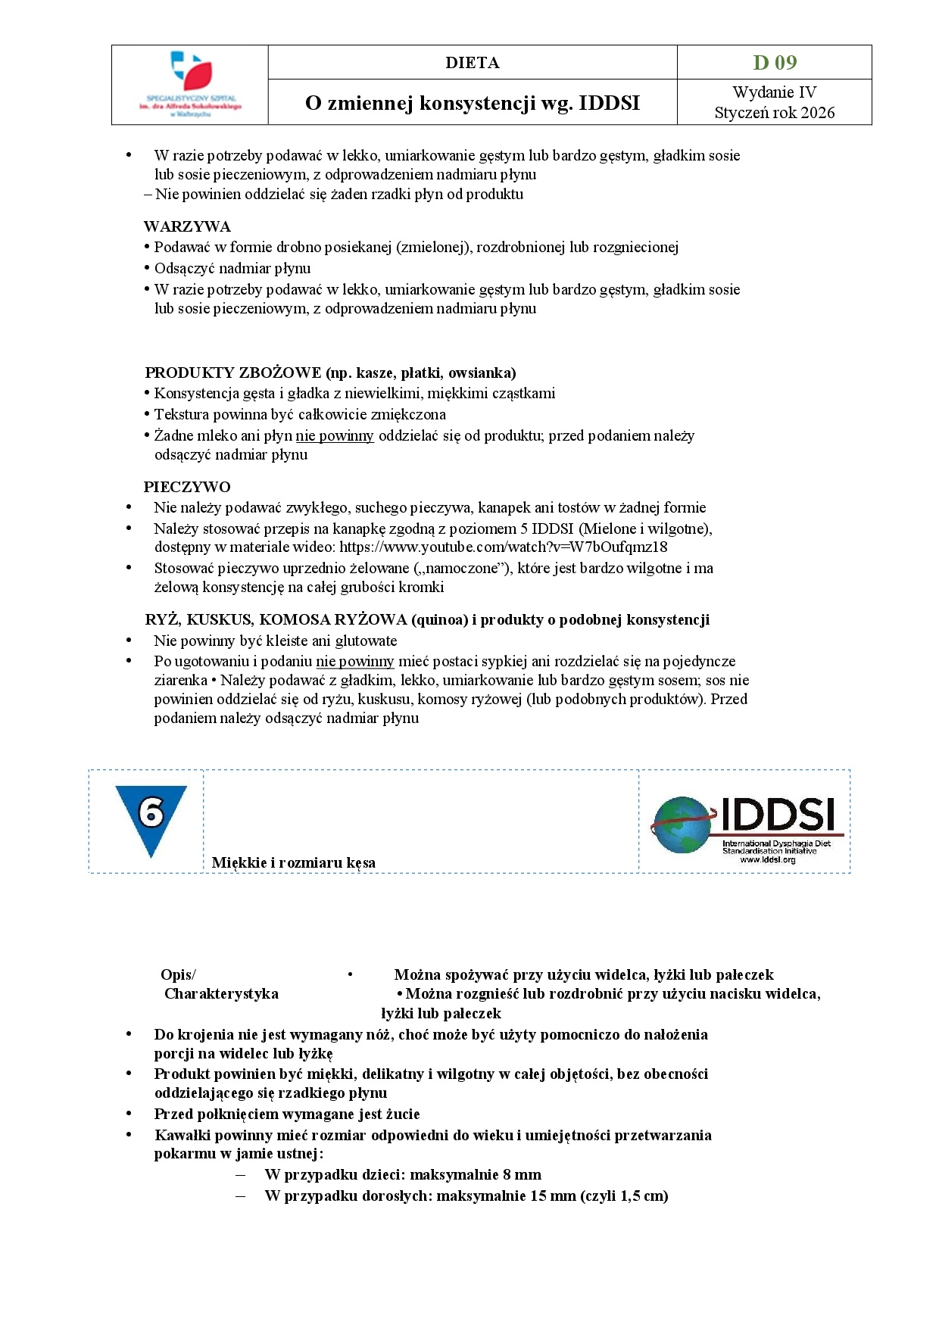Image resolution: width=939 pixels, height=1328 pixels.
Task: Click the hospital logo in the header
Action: pos(190,84)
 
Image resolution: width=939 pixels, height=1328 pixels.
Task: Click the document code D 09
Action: pos(774,62)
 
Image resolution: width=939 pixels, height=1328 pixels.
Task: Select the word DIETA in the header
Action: pos(472,63)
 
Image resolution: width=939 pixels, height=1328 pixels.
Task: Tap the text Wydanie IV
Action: pos(774,92)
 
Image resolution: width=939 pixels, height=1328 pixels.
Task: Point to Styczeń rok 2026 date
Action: pos(774,113)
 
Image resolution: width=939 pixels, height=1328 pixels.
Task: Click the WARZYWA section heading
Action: pos(187,226)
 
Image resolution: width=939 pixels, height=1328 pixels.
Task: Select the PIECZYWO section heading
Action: pos(187,487)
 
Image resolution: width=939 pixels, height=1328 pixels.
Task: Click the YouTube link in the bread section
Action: pos(503,547)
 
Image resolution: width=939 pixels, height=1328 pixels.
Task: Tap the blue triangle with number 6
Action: pos(151,818)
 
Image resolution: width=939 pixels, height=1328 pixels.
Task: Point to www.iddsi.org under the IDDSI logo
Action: pos(767,859)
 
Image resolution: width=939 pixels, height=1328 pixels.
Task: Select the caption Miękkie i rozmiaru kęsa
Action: pos(293,862)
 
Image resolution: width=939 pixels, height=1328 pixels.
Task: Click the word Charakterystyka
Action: pos(221,993)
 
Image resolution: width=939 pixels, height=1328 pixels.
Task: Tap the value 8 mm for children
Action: pos(522,1174)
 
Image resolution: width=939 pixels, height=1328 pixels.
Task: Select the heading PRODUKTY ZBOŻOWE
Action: pos(232,373)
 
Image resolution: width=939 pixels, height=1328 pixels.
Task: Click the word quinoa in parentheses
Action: pos(439,619)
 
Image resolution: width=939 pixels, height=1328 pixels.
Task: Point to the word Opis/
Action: pos(178,974)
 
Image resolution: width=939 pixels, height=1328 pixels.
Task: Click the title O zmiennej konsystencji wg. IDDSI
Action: pos(472,103)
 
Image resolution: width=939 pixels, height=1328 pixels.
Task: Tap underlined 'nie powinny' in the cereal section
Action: pos(335,435)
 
